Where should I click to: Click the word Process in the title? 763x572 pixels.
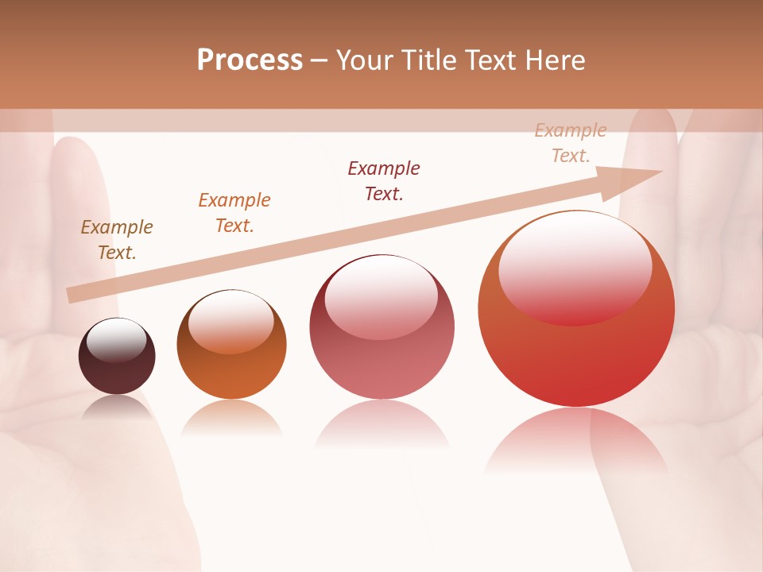250,60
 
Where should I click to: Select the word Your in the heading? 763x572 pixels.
364,60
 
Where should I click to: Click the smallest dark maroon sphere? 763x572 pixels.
117,357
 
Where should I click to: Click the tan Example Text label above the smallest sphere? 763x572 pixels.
117,240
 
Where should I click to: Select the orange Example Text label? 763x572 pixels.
234,213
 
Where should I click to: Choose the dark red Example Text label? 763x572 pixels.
384,181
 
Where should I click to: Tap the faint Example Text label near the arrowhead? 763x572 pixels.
571,143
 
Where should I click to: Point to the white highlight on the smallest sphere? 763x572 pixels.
116,340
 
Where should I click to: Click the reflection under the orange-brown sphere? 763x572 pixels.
231,419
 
